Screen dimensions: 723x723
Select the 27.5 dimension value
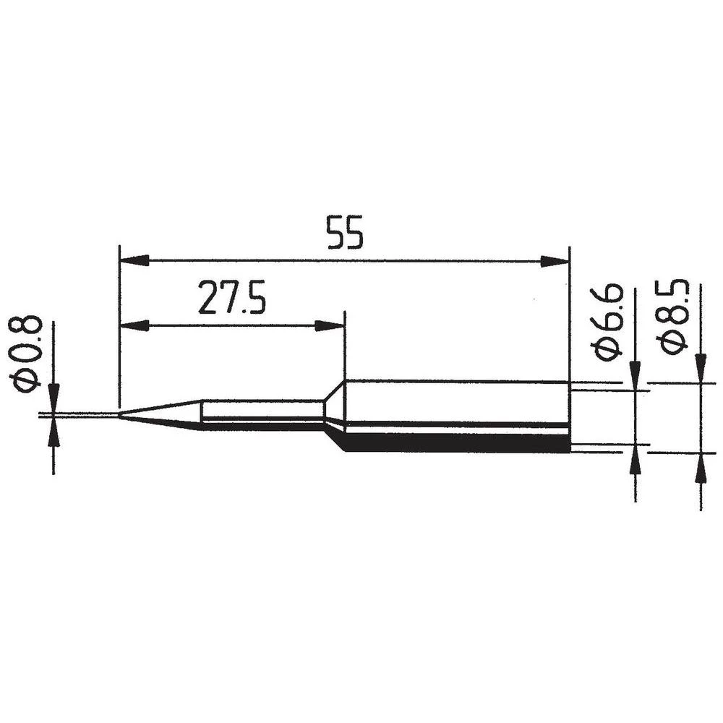pyautogui.click(x=232, y=299)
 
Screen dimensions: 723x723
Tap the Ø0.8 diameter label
pyautogui.click(x=28, y=354)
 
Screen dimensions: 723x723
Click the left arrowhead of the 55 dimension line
pyautogui.click(x=134, y=260)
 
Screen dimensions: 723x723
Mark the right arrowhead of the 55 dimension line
pyautogui.click(x=555, y=261)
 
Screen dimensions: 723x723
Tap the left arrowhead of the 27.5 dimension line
pyautogui.click(x=134, y=326)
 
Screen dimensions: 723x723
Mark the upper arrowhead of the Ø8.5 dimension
pyautogui.click(x=700, y=367)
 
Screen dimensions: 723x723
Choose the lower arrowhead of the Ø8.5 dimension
pyautogui.click(x=700, y=468)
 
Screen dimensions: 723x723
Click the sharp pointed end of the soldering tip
pyautogui.click(x=121, y=415)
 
